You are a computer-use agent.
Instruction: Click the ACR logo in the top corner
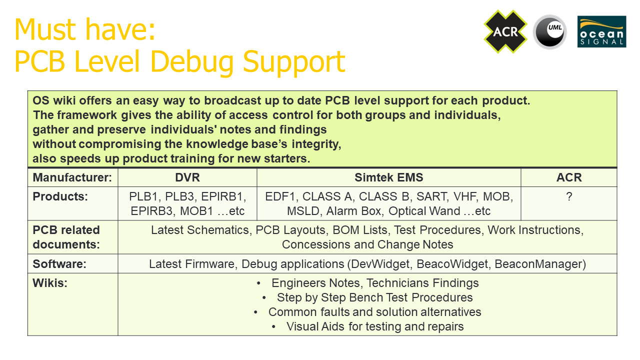coord(505,31)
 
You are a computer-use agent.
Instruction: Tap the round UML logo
coord(549,31)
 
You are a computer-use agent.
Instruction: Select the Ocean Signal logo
coord(601,31)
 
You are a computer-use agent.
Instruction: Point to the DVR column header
coord(187,177)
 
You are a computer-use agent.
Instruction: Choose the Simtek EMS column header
coord(389,177)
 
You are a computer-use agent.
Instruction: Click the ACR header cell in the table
coord(569,177)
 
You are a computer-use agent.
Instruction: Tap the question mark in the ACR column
coord(569,196)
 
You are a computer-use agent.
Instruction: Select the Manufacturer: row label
coord(72,177)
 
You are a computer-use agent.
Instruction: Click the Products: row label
coord(60,196)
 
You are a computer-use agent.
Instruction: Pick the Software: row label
coord(59,264)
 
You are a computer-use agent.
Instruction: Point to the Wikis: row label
coord(50,283)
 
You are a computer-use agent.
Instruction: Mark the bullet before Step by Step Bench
coord(264,298)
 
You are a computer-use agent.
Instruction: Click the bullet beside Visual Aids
coord(273,327)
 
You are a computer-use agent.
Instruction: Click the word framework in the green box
coord(87,115)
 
